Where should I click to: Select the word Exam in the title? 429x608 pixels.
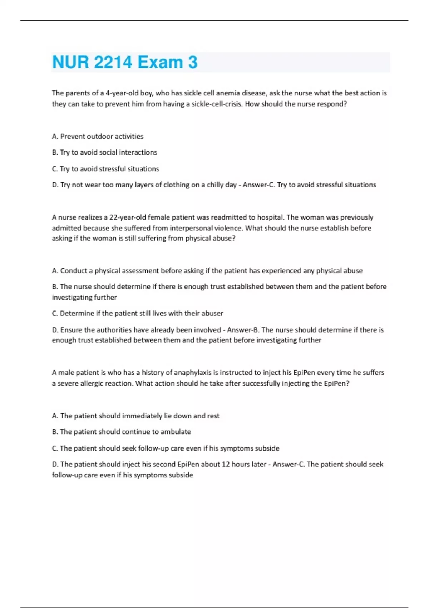[160, 62]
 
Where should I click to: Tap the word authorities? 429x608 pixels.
[103, 330]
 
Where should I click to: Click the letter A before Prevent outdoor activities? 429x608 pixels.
[54, 137]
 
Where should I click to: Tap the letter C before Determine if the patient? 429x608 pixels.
[54, 314]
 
